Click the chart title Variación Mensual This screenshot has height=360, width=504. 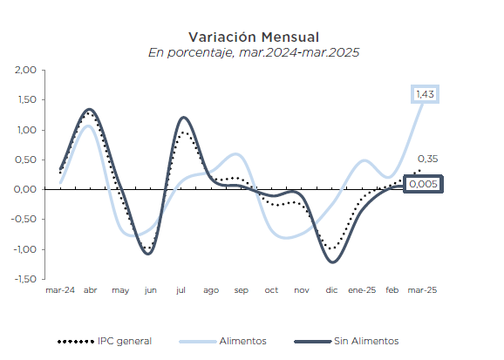pyautogui.click(x=253, y=37)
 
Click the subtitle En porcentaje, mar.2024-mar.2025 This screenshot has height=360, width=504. pyautogui.click(x=253, y=52)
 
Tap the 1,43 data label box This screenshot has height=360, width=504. pyautogui.click(x=426, y=94)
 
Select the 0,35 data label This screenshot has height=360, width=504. pyautogui.click(x=427, y=160)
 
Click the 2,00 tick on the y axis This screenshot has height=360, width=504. pyautogui.click(x=25, y=70)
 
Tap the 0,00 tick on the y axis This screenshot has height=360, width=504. pyautogui.click(x=25, y=189)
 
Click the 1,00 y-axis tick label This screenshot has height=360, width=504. pyautogui.click(x=25, y=130)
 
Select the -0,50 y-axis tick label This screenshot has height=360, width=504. pyautogui.click(x=24, y=220)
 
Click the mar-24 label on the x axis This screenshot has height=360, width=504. pyautogui.click(x=59, y=290)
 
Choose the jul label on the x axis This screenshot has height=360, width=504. pyautogui.click(x=180, y=290)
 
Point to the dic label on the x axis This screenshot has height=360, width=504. pyautogui.click(x=331, y=290)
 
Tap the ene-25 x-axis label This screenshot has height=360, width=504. pyautogui.click(x=362, y=290)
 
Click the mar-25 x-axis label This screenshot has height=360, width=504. pyautogui.click(x=423, y=290)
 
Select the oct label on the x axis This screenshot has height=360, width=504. pyautogui.click(x=271, y=290)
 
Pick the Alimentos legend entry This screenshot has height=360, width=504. pyautogui.click(x=242, y=341)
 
